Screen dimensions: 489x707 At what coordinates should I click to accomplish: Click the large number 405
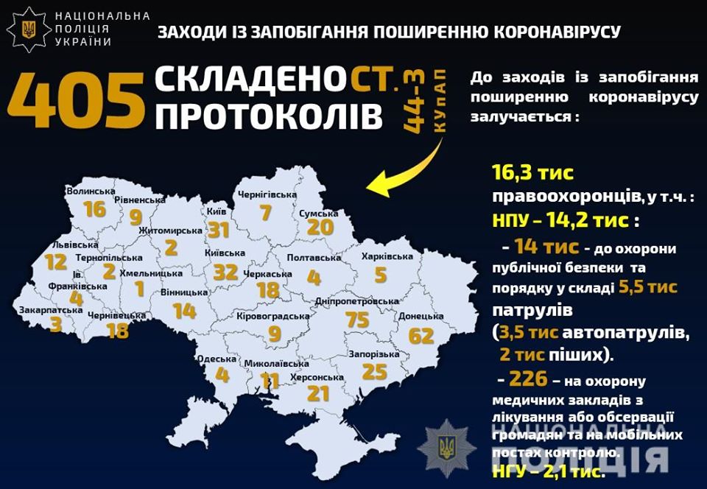pyautogui.click(x=74, y=97)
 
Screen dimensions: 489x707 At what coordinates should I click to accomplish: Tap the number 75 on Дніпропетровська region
pyautogui.click(x=356, y=319)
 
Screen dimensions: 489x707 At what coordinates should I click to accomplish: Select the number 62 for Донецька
pyautogui.click(x=421, y=336)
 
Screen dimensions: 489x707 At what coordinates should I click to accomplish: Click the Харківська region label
pyautogui.click(x=387, y=257)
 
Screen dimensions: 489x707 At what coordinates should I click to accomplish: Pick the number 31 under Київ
pyautogui.click(x=219, y=231)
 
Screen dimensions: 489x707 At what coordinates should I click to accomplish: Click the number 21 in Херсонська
pyautogui.click(x=318, y=394)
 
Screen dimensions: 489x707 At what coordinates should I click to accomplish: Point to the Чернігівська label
pyautogui.click(x=267, y=194)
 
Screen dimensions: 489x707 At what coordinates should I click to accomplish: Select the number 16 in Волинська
pyautogui.click(x=95, y=210)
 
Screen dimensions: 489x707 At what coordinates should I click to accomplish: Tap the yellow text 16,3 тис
pyautogui.click(x=532, y=174)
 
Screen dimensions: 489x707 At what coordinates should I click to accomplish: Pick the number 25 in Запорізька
pyautogui.click(x=374, y=372)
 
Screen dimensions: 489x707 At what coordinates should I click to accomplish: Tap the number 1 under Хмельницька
pyautogui.click(x=139, y=289)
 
